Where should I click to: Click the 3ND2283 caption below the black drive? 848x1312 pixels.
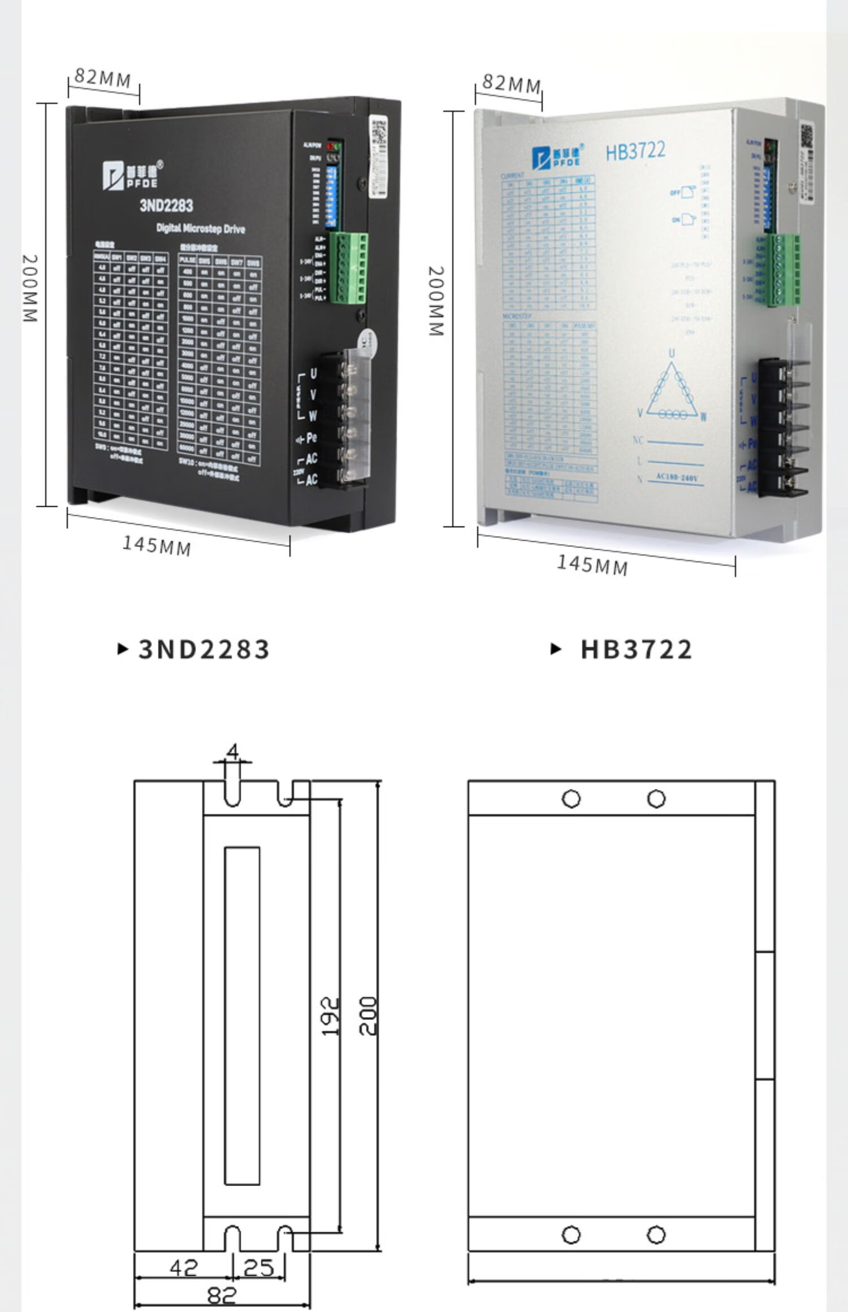point(204,649)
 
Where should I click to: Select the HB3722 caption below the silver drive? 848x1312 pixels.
point(636,649)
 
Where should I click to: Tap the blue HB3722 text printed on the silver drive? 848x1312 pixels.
point(635,151)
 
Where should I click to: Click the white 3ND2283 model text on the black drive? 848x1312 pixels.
point(166,205)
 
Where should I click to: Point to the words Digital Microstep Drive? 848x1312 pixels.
point(201,229)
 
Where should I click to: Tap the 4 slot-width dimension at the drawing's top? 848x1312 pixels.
point(232,751)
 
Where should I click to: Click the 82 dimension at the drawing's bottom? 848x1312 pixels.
point(222,1294)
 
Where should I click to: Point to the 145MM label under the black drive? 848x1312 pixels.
point(157,545)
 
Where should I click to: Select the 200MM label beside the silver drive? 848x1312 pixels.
point(436,301)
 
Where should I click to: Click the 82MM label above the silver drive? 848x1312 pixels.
point(511,83)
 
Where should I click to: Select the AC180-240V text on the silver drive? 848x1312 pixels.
point(677,478)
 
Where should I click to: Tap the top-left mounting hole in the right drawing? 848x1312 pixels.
point(571,799)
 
